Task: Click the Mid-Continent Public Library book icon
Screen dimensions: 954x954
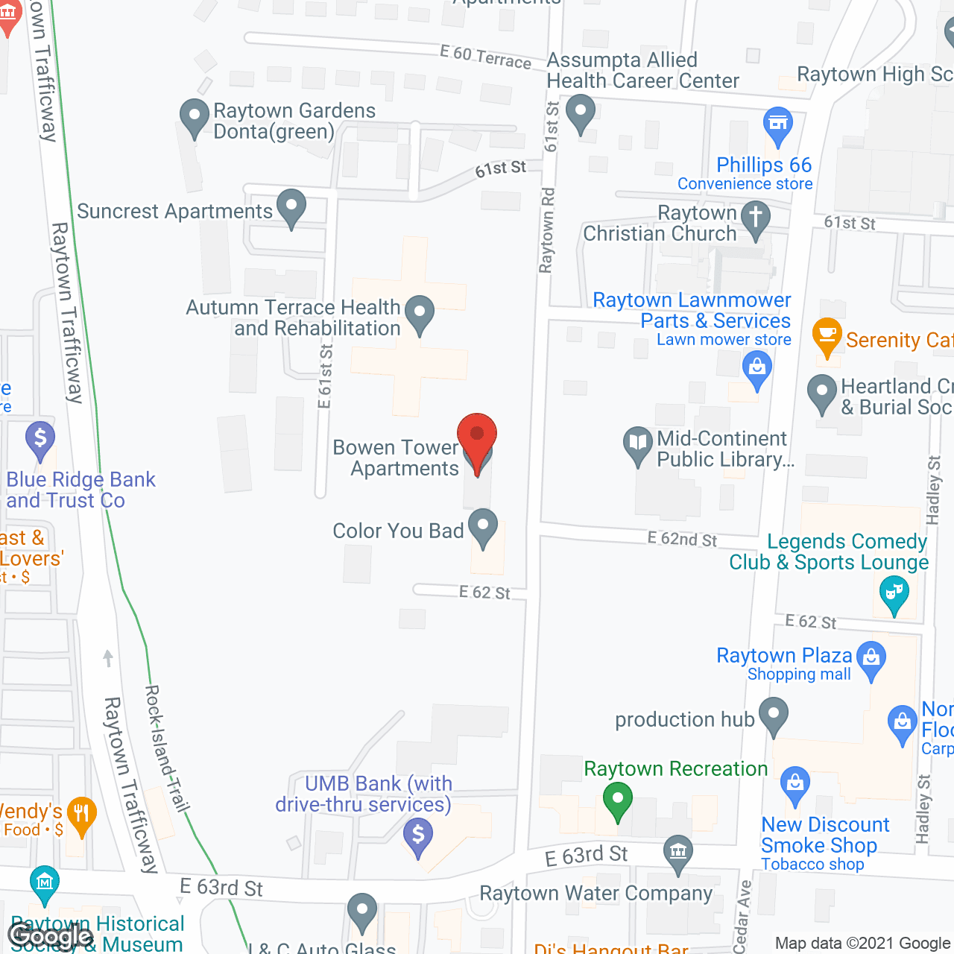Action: [x=637, y=444]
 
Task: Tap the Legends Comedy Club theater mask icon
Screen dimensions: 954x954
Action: [x=893, y=594]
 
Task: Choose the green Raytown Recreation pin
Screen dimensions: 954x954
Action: [x=617, y=800]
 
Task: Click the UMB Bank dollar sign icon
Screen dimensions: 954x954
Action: [x=418, y=835]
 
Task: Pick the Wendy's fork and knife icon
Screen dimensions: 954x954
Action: [x=80, y=813]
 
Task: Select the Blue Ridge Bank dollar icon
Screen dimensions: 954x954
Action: [x=40, y=438]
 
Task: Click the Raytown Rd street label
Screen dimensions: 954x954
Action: [x=548, y=230]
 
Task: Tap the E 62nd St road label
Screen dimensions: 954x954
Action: [x=682, y=539]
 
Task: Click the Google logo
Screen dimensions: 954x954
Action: [x=50, y=936]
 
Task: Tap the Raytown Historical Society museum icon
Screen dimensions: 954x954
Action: [x=45, y=883]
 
